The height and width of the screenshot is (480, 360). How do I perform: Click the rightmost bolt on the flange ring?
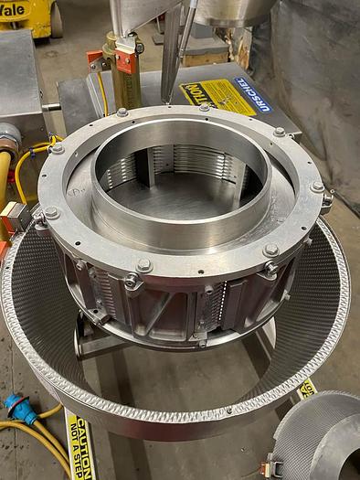(317, 187)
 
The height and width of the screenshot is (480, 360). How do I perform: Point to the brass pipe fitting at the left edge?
(7, 141)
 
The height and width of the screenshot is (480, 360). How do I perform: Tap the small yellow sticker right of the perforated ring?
(306, 388)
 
